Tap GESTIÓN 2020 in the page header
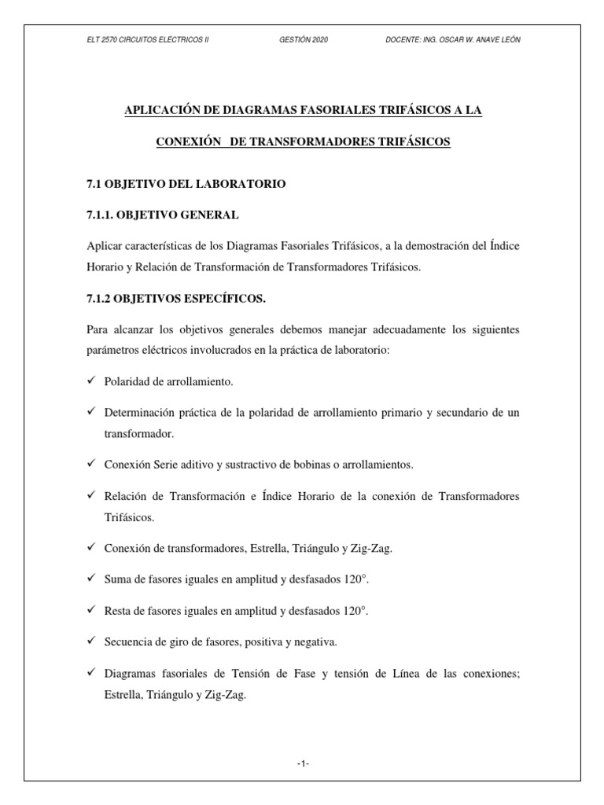tap(303, 40)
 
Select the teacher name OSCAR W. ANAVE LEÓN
tap(482, 40)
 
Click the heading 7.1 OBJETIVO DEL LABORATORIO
tap(186, 184)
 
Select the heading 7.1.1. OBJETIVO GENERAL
tap(163, 214)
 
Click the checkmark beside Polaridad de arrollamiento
tap(90, 380)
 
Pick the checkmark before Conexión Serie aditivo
tap(90, 464)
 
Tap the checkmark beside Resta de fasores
tap(90, 610)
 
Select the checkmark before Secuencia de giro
tap(90, 641)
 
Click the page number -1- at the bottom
tap(303, 763)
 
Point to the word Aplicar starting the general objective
tap(105, 246)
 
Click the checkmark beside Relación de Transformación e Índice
tap(90, 496)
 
